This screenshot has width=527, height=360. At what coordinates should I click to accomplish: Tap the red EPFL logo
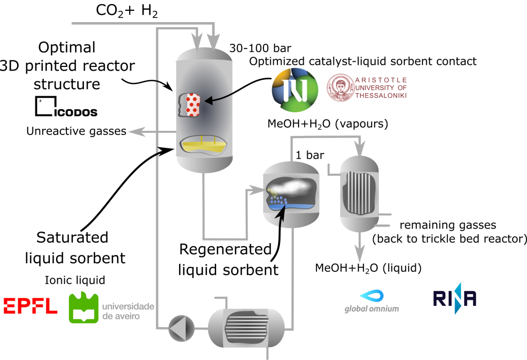pos(30,305)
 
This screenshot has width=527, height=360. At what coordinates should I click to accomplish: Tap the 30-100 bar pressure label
pos(256,49)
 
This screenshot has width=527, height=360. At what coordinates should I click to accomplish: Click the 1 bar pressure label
pos(310,154)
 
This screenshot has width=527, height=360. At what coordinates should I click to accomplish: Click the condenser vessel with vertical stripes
pos(359,191)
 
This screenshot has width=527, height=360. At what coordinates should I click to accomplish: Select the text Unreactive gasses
pos(76,131)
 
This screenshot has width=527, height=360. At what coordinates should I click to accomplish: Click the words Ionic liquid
pos(76,281)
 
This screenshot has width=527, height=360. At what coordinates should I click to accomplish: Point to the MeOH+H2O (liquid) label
pos(368,268)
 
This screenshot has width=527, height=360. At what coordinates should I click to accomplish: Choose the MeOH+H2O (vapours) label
pos(327,124)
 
